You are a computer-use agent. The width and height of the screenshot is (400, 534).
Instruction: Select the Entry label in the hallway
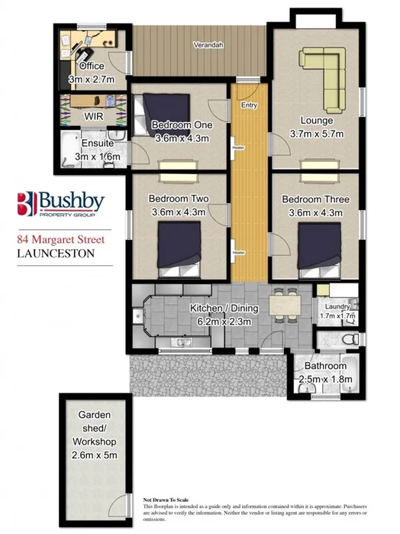pyautogui.click(x=249, y=105)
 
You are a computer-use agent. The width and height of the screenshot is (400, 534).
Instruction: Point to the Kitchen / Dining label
pyautogui.click(x=224, y=308)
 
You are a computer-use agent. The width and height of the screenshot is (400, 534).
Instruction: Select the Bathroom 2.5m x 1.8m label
pyautogui.click(x=326, y=372)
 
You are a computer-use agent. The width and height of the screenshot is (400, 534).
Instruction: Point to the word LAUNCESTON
pyautogui.click(x=53, y=253)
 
